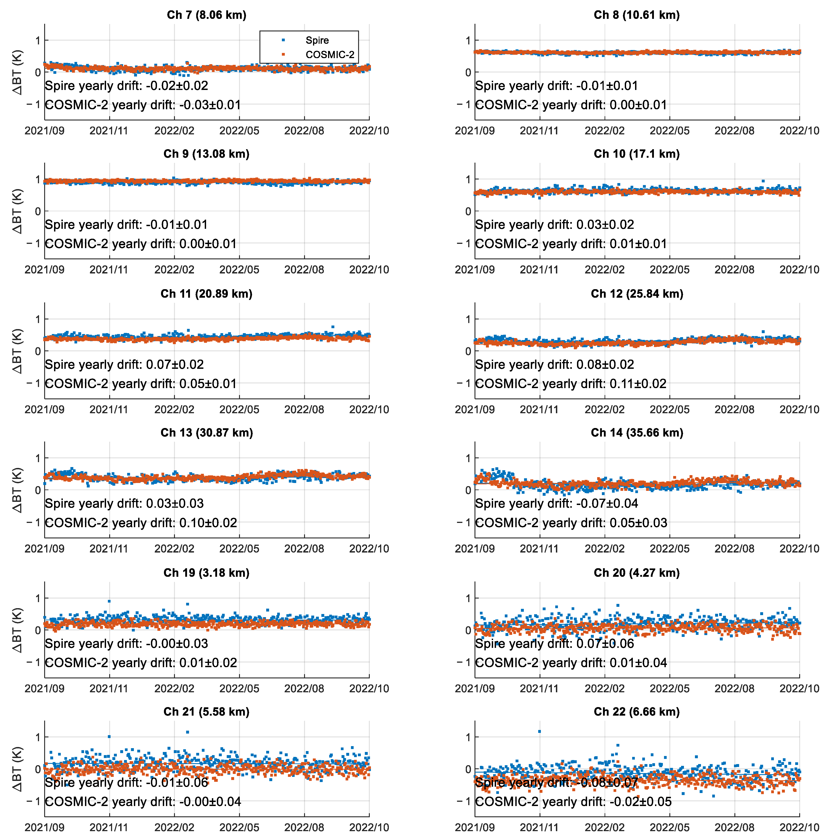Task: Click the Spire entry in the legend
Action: (317, 40)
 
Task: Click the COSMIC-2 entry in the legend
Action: (329, 55)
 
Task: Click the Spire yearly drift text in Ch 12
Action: (554, 365)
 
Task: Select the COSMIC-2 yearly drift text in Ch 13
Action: (141, 523)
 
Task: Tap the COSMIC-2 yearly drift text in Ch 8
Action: (571, 105)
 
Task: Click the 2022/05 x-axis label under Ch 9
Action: (239, 270)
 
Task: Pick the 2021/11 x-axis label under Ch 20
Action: (539, 688)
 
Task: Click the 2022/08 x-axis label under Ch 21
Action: (304, 827)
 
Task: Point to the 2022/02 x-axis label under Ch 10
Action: (604, 270)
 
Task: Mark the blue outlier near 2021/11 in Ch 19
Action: (109, 601)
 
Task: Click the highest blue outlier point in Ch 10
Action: (763, 181)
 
